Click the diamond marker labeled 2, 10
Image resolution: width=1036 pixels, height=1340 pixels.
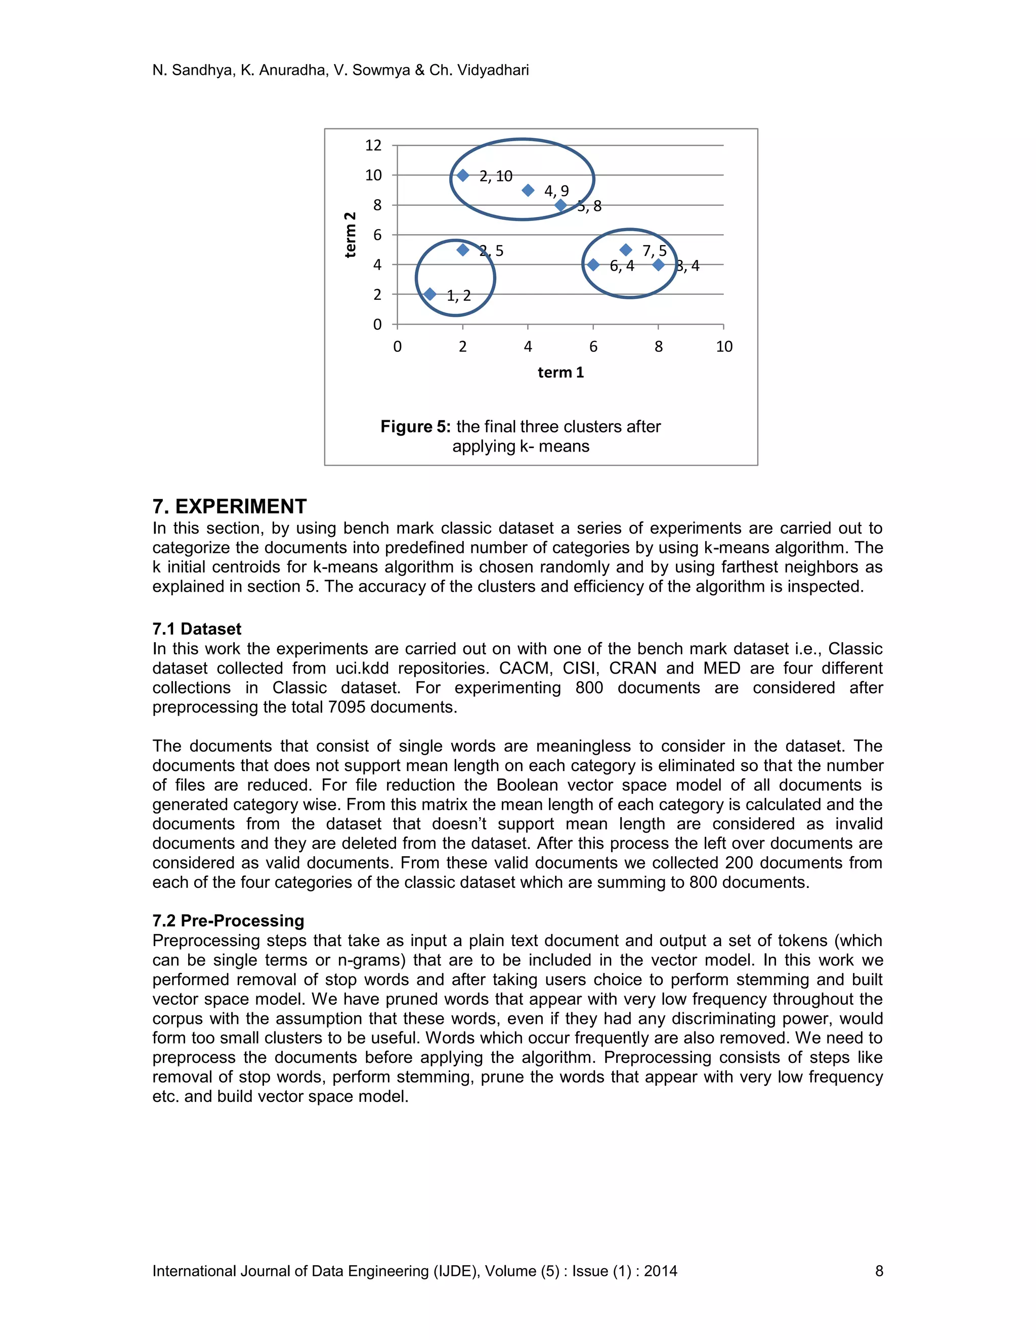coord(463,175)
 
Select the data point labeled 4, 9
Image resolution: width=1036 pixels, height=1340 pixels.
coord(528,190)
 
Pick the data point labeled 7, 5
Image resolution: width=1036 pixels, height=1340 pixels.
coord(625,250)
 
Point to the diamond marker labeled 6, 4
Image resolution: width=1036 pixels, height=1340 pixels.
coord(593,264)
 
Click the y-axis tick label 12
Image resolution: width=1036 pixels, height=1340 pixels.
coord(373,146)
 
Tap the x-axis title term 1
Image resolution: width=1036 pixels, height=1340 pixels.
coord(560,373)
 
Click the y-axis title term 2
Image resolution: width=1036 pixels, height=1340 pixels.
coord(350,235)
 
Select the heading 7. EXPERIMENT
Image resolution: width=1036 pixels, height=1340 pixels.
coord(229,506)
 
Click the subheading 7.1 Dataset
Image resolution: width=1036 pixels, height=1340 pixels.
coord(196,629)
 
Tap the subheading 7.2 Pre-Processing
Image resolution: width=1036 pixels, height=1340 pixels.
coord(228,920)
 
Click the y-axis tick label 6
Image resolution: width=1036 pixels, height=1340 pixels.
coord(377,235)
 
